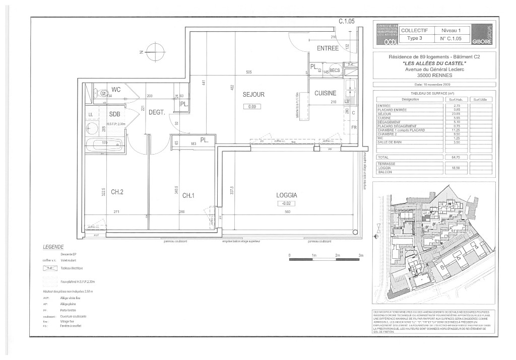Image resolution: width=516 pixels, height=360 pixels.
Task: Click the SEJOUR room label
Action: pyautogui.click(x=253, y=95)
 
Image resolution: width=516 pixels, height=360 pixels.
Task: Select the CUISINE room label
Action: pyautogui.click(x=325, y=94)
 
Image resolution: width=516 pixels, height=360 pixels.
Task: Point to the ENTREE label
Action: pyautogui.click(x=328, y=48)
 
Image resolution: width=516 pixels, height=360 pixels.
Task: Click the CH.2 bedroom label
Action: pyautogui.click(x=118, y=192)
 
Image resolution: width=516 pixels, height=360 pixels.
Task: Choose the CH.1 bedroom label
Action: pyautogui.click(x=188, y=195)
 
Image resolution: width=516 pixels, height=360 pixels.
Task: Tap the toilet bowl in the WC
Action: pyautogui.click(x=104, y=93)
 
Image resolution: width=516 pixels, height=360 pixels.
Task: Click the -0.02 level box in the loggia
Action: pyautogui.click(x=286, y=203)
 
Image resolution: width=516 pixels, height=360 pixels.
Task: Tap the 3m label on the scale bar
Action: pyautogui.click(x=361, y=256)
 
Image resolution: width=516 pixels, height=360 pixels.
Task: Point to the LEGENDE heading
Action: pyautogui.click(x=54, y=248)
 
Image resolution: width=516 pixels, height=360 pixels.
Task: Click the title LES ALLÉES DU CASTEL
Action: pyautogui.click(x=435, y=63)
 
